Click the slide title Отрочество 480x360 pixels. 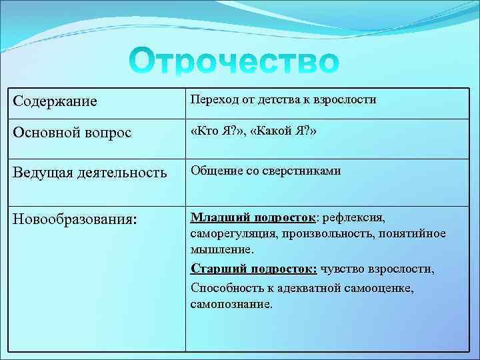[234, 61]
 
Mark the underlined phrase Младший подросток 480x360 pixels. [253, 217]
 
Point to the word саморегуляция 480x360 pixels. [233, 234]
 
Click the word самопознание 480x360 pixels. [231, 304]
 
